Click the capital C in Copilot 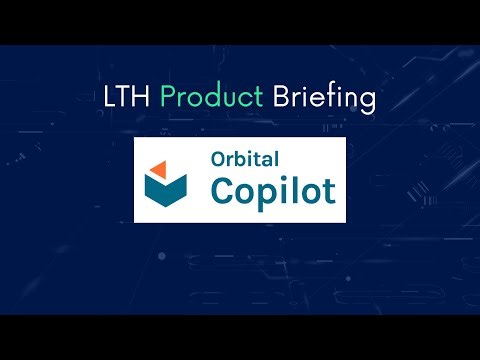219,190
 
